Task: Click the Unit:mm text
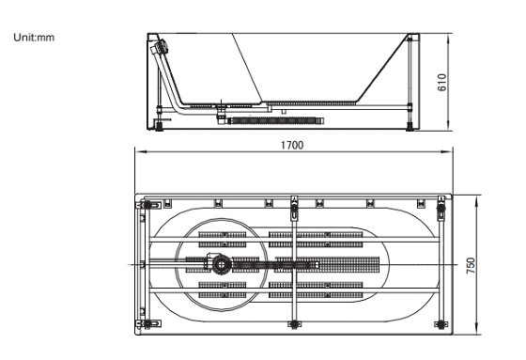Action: coord(34,38)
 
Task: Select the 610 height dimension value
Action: coord(442,83)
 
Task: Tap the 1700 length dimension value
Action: coord(292,145)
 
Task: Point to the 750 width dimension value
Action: coord(471,265)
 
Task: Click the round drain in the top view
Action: coord(221,264)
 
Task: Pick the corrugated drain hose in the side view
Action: coord(276,120)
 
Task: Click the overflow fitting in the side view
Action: coord(161,47)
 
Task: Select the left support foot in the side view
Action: coord(159,127)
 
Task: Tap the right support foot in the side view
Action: coord(410,127)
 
